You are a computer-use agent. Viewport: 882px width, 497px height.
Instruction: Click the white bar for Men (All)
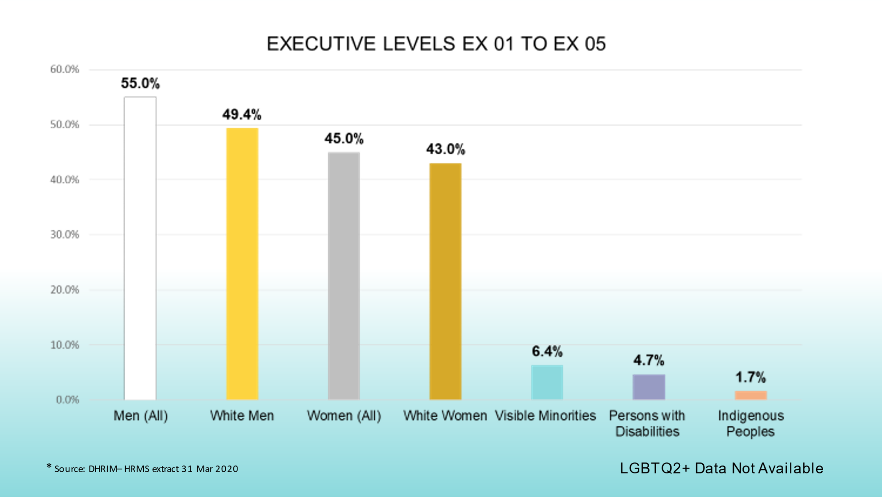click(x=140, y=248)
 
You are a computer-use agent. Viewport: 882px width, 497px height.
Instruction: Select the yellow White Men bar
click(x=242, y=264)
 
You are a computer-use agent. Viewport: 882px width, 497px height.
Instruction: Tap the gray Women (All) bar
click(x=344, y=276)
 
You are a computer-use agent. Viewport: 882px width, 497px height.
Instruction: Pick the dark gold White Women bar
click(x=445, y=281)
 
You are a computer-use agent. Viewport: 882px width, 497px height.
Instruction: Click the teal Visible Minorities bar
click(x=547, y=382)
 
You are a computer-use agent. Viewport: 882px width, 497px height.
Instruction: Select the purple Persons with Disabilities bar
click(x=649, y=387)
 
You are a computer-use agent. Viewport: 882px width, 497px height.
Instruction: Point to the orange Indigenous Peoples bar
click(x=751, y=395)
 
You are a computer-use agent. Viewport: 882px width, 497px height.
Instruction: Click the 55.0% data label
click(x=140, y=83)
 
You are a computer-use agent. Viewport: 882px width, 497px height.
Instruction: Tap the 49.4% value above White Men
click(x=242, y=115)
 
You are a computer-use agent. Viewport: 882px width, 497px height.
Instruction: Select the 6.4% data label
click(x=547, y=351)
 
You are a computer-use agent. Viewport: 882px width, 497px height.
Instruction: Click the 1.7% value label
click(x=750, y=377)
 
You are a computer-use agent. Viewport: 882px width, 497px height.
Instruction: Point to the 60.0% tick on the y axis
click(x=65, y=69)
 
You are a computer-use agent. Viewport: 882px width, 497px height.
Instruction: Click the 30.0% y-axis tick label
click(x=65, y=235)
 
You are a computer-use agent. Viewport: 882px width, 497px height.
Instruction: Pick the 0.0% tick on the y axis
click(x=68, y=400)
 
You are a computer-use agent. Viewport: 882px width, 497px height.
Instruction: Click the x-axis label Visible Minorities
click(x=545, y=416)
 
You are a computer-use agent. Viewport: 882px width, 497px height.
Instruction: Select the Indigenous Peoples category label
click(x=751, y=423)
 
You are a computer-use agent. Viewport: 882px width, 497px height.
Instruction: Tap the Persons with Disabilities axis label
click(x=648, y=423)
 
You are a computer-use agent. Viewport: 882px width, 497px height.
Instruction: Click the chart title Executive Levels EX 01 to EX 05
click(x=436, y=44)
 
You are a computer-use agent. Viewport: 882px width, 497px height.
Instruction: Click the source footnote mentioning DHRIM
click(x=143, y=469)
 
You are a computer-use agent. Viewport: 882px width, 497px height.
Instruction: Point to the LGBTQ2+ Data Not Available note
click(x=721, y=468)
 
